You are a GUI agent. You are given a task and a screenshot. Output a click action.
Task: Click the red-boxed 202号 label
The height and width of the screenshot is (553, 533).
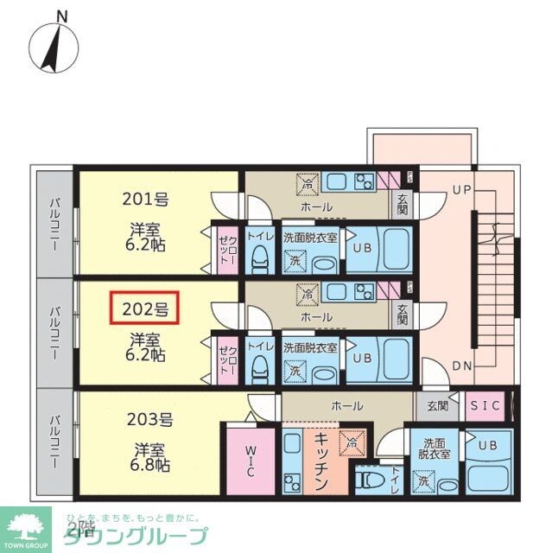(x=144, y=307)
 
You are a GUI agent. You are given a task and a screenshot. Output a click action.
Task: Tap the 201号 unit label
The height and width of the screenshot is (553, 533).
(x=144, y=199)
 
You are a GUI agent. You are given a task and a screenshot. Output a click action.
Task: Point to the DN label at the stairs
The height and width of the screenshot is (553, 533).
(x=462, y=365)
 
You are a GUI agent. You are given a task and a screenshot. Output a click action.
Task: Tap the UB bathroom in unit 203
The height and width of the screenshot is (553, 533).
(x=487, y=447)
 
